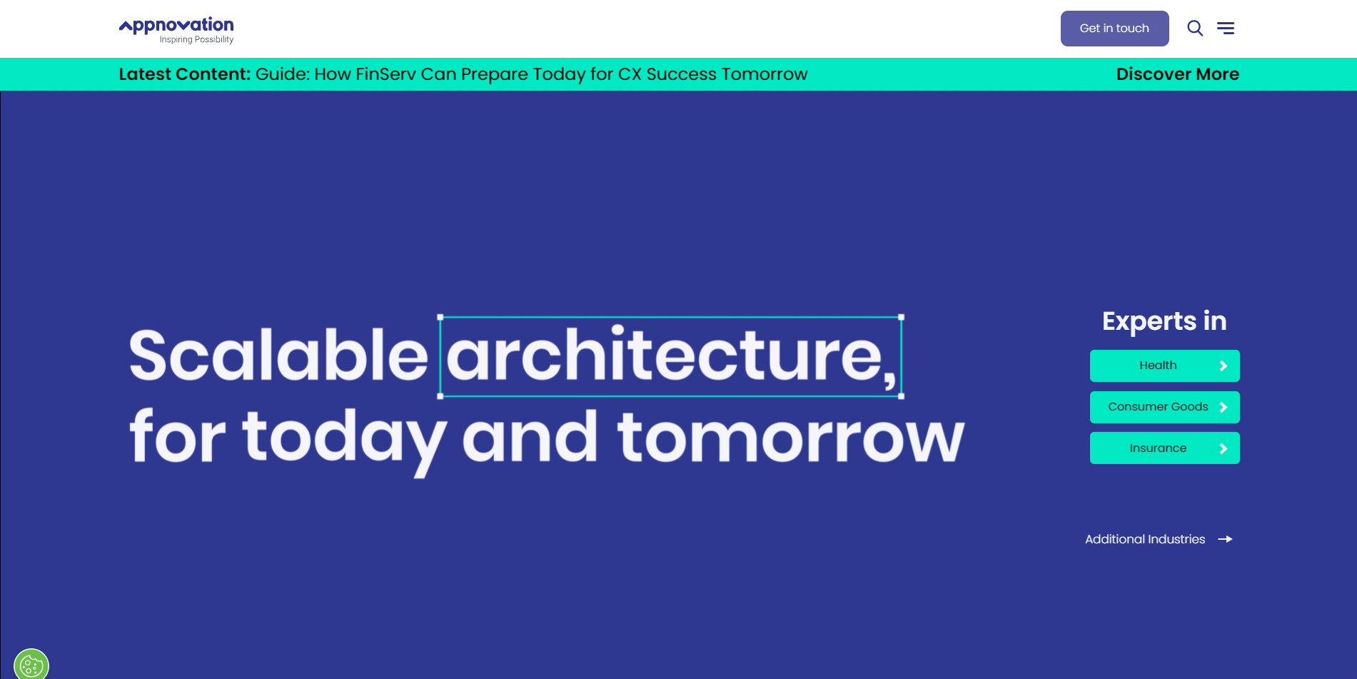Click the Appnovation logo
coord(176,30)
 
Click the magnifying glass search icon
coord(1195,28)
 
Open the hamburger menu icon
coord(1226,28)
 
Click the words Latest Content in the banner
coord(184,74)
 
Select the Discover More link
coord(1178,74)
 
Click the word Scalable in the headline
coord(278,355)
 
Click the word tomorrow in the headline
coord(791,437)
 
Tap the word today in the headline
coord(345,442)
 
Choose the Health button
coord(1165,366)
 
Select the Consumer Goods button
coord(1165,407)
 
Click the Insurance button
coord(1165,448)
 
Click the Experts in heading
coord(1164,322)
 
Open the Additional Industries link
coord(1145,539)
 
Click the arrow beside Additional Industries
coord(1225,539)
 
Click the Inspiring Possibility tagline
coord(196,40)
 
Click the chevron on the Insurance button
coord(1223,448)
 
